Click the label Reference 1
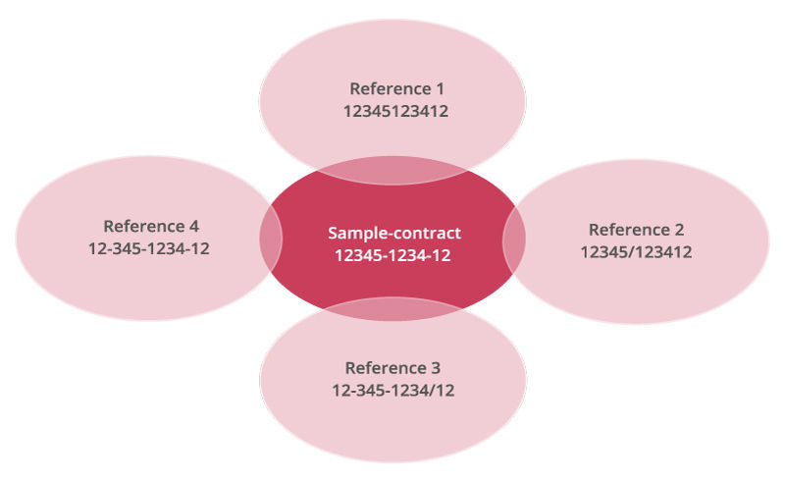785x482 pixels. [395, 89]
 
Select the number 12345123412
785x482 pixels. [395, 112]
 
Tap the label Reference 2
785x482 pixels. [636, 230]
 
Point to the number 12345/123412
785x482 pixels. [636, 252]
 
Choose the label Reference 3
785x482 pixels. [392, 368]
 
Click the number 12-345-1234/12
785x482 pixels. [392, 391]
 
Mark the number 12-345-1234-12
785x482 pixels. [148, 248]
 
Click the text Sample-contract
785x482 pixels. [393, 234]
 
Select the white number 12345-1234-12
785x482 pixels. [393, 256]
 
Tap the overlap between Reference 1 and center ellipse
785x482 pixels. [392, 171]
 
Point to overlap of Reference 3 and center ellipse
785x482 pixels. [392, 309]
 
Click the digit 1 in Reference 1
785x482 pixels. [441, 89]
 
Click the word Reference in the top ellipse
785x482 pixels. [387, 89]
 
